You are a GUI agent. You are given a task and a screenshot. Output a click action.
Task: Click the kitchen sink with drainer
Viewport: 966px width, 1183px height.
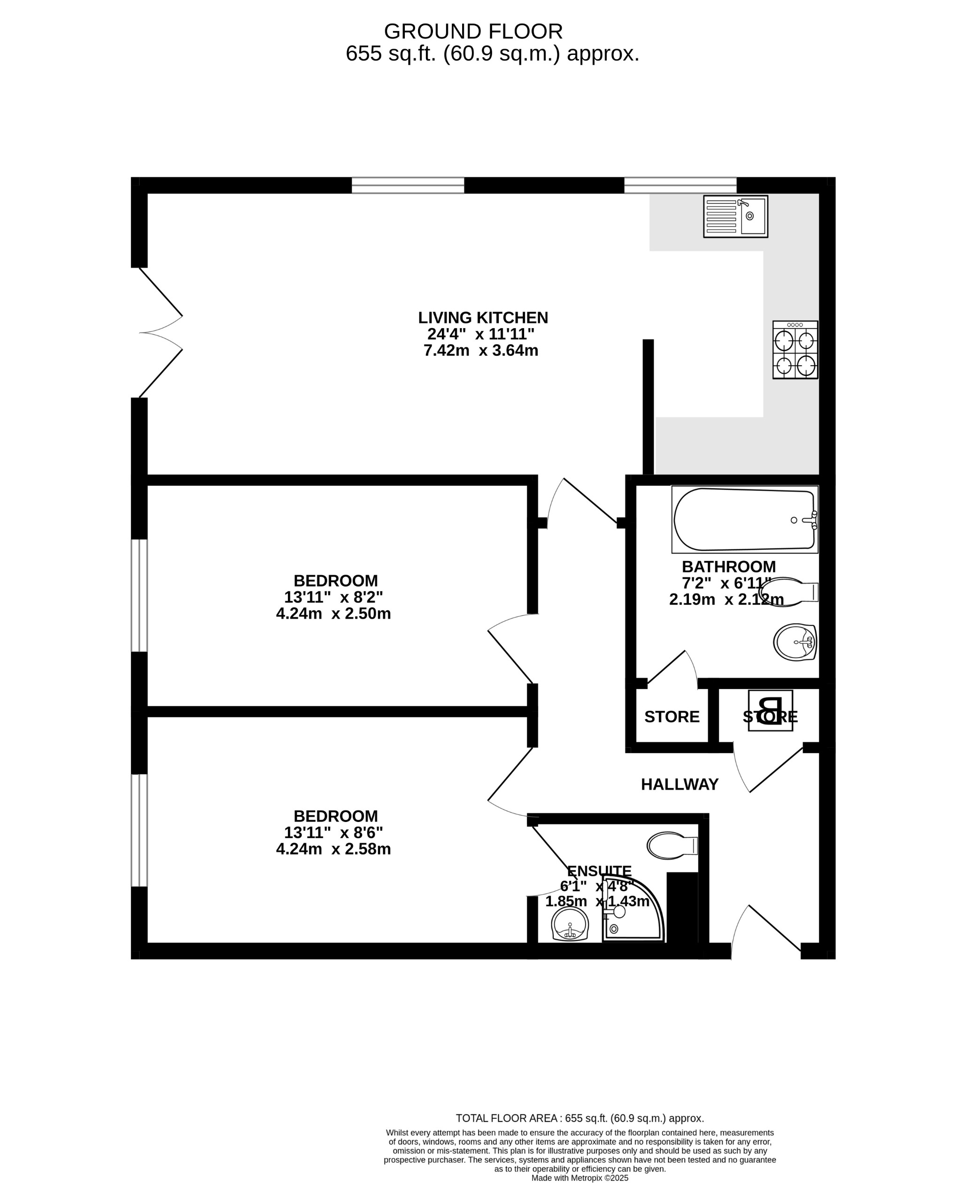pos(735,216)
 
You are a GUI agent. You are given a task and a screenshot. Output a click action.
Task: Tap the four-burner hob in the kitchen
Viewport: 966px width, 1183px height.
pos(795,350)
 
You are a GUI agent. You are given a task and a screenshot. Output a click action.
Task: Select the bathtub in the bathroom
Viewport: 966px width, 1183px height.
pos(744,520)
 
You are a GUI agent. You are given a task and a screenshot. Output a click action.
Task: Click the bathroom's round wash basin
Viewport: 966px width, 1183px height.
pos(795,642)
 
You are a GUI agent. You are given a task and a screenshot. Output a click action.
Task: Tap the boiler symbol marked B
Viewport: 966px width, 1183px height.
pos(770,711)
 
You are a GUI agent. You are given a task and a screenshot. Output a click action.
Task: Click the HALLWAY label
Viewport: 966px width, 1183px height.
pos(680,784)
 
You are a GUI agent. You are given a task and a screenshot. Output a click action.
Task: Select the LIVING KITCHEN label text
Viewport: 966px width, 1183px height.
pos(483,318)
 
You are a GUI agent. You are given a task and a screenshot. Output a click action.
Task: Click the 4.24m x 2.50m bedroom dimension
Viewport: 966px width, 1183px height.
pos(333,614)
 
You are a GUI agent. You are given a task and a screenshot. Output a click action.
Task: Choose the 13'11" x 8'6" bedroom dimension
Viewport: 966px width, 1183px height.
pos(333,833)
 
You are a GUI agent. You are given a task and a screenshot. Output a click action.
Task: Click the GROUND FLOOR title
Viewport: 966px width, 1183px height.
pos(473,32)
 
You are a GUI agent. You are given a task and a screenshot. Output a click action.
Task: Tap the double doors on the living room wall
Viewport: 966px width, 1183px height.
pos(160,332)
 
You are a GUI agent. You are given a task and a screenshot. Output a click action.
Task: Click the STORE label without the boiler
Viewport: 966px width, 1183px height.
pos(672,717)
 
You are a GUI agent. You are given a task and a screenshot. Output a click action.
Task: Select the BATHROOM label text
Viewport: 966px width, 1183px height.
pos(728,567)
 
